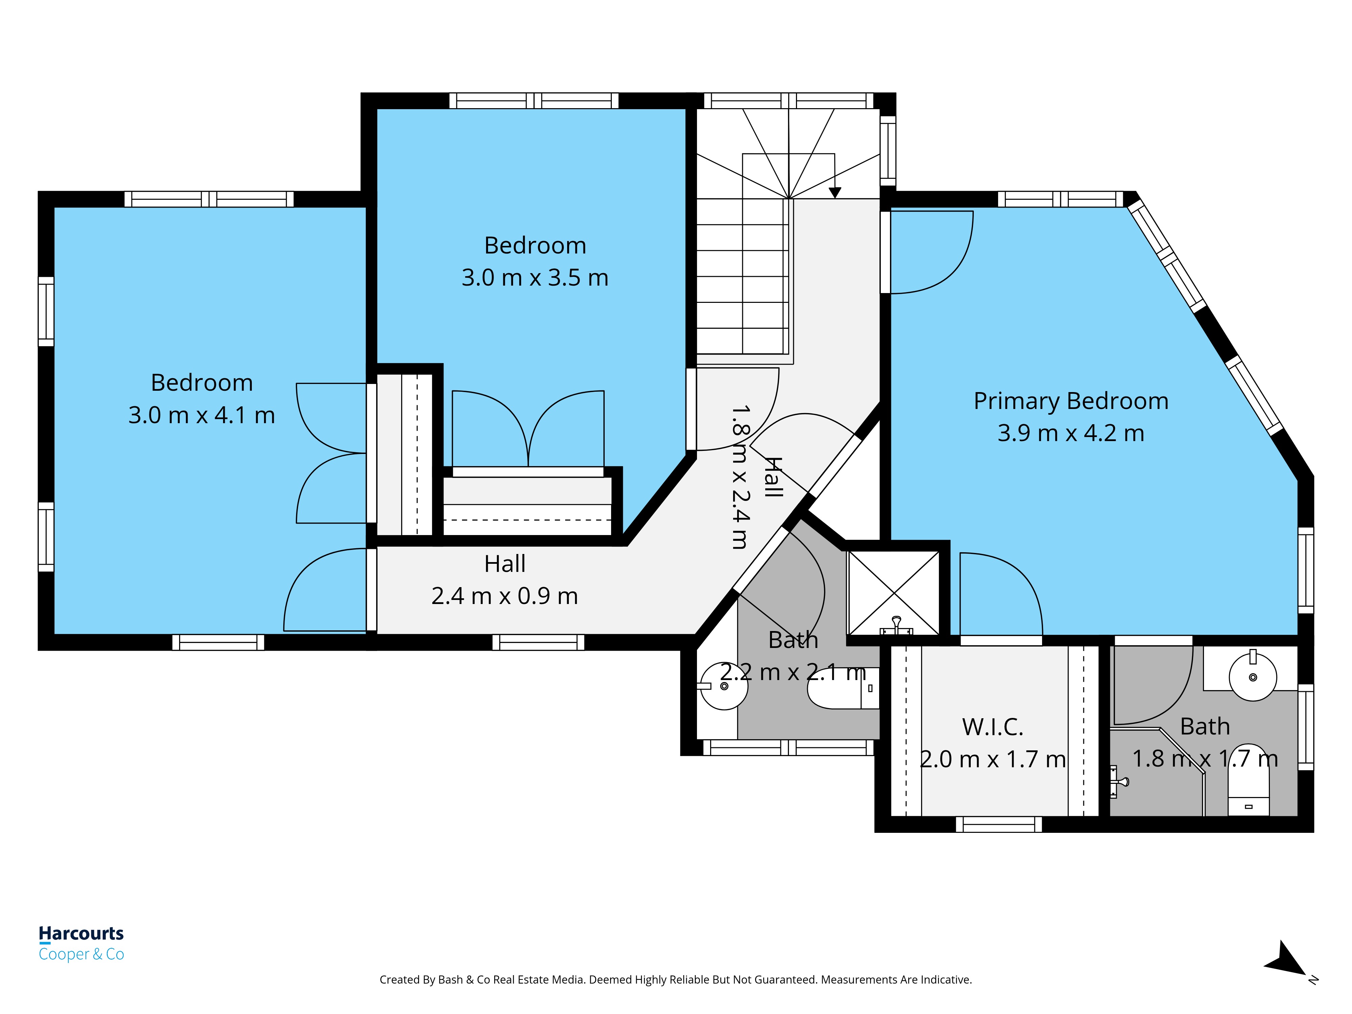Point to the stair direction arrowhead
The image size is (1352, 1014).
pos(835,193)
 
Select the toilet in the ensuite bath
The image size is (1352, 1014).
pos(1248,782)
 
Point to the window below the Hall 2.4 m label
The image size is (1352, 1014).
pos(538,642)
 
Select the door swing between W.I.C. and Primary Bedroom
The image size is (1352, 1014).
pos(1000,594)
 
